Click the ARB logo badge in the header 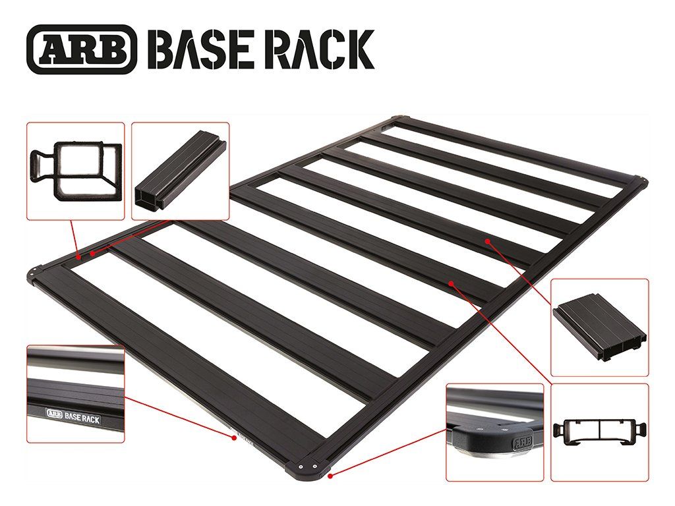tap(82, 49)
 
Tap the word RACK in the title tap(319, 49)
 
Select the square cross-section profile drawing tap(76, 169)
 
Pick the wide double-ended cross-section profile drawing tap(599, 432)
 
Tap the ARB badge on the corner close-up tap(520, 440)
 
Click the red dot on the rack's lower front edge tap(234, 437)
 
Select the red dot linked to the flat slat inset tap(487, 242)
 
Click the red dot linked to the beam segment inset tap(93, 253)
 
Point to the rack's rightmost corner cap tap(639, 180)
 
